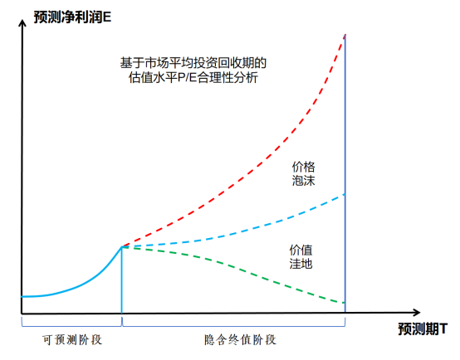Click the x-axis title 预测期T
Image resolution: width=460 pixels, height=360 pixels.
(x=427, y=327)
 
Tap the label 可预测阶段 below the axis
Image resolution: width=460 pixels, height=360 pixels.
(x=71, y=340)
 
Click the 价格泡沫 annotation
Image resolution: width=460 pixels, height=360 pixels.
(x=304, y=173)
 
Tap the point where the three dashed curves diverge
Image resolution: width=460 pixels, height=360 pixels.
(x=123, y=246)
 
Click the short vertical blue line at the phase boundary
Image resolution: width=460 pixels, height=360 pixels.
(x=122, y=282)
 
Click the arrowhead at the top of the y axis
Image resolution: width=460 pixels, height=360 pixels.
(x=21, y=27)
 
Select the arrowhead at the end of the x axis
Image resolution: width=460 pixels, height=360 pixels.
(x=391, y=314)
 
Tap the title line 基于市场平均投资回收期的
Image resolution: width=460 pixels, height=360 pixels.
(x=193, y=62)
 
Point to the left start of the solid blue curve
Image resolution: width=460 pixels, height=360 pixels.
(x=23, y=296)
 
